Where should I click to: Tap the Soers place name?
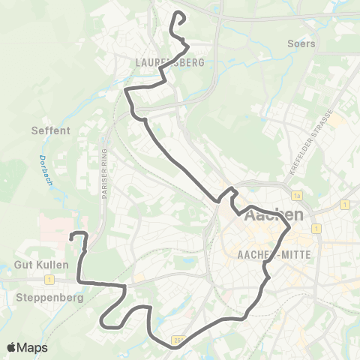301,43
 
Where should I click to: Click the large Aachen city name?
274,215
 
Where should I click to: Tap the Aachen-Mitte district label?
274,254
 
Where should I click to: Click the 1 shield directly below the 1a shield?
317,227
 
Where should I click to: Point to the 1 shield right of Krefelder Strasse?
343,204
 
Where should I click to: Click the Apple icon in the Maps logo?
11,347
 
